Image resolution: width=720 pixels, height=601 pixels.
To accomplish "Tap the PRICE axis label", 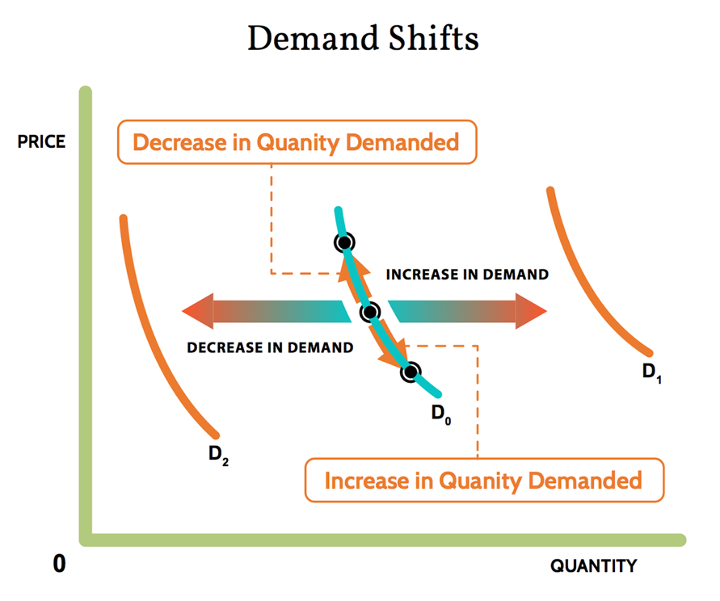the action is coord(41,143).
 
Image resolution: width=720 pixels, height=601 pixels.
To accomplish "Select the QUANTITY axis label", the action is coord(593,565).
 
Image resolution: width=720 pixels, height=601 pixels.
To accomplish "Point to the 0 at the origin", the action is coord(59,564).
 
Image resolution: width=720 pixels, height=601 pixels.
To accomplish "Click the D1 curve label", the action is coord(651,373).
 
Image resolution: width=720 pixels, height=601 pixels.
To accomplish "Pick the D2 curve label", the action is coord(218,455).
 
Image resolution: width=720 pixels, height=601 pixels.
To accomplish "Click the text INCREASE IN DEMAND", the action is coord(467,275).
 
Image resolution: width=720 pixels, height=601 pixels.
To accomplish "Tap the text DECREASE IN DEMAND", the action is coord(270,348).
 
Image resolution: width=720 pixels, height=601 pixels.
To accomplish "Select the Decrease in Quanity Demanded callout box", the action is coord(297,143).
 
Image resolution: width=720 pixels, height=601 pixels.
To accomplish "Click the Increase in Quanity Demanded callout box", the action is coord(483,481).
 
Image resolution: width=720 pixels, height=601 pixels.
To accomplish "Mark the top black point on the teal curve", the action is coord(344,242).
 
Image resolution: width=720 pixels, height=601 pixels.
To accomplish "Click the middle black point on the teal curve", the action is coord(370,311).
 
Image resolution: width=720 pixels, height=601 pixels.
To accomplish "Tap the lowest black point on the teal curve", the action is coord(411,372).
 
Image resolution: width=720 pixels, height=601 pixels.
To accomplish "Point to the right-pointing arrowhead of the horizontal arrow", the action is coord(531,311).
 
